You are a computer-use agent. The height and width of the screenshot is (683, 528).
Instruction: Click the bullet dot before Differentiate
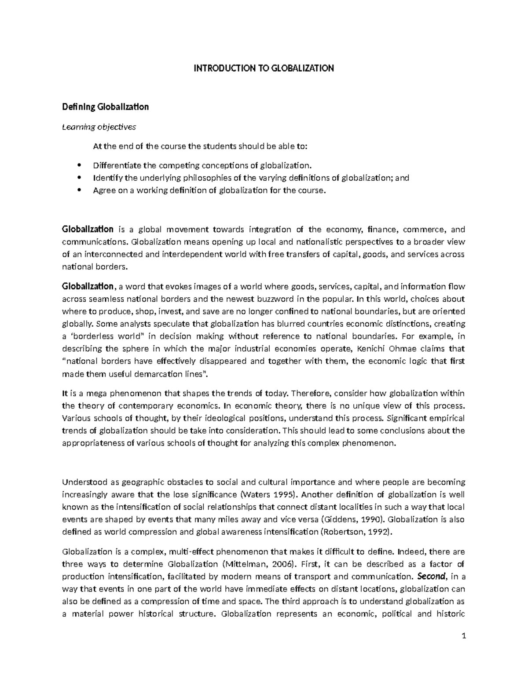click(x=79, y=166)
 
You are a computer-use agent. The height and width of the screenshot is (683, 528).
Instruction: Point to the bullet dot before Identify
click(x=79, y=178)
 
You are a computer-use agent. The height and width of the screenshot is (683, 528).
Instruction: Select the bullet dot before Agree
click(x=79, y=190)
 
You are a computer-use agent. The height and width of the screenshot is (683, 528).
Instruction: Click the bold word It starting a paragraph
click(x=65, y=393)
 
